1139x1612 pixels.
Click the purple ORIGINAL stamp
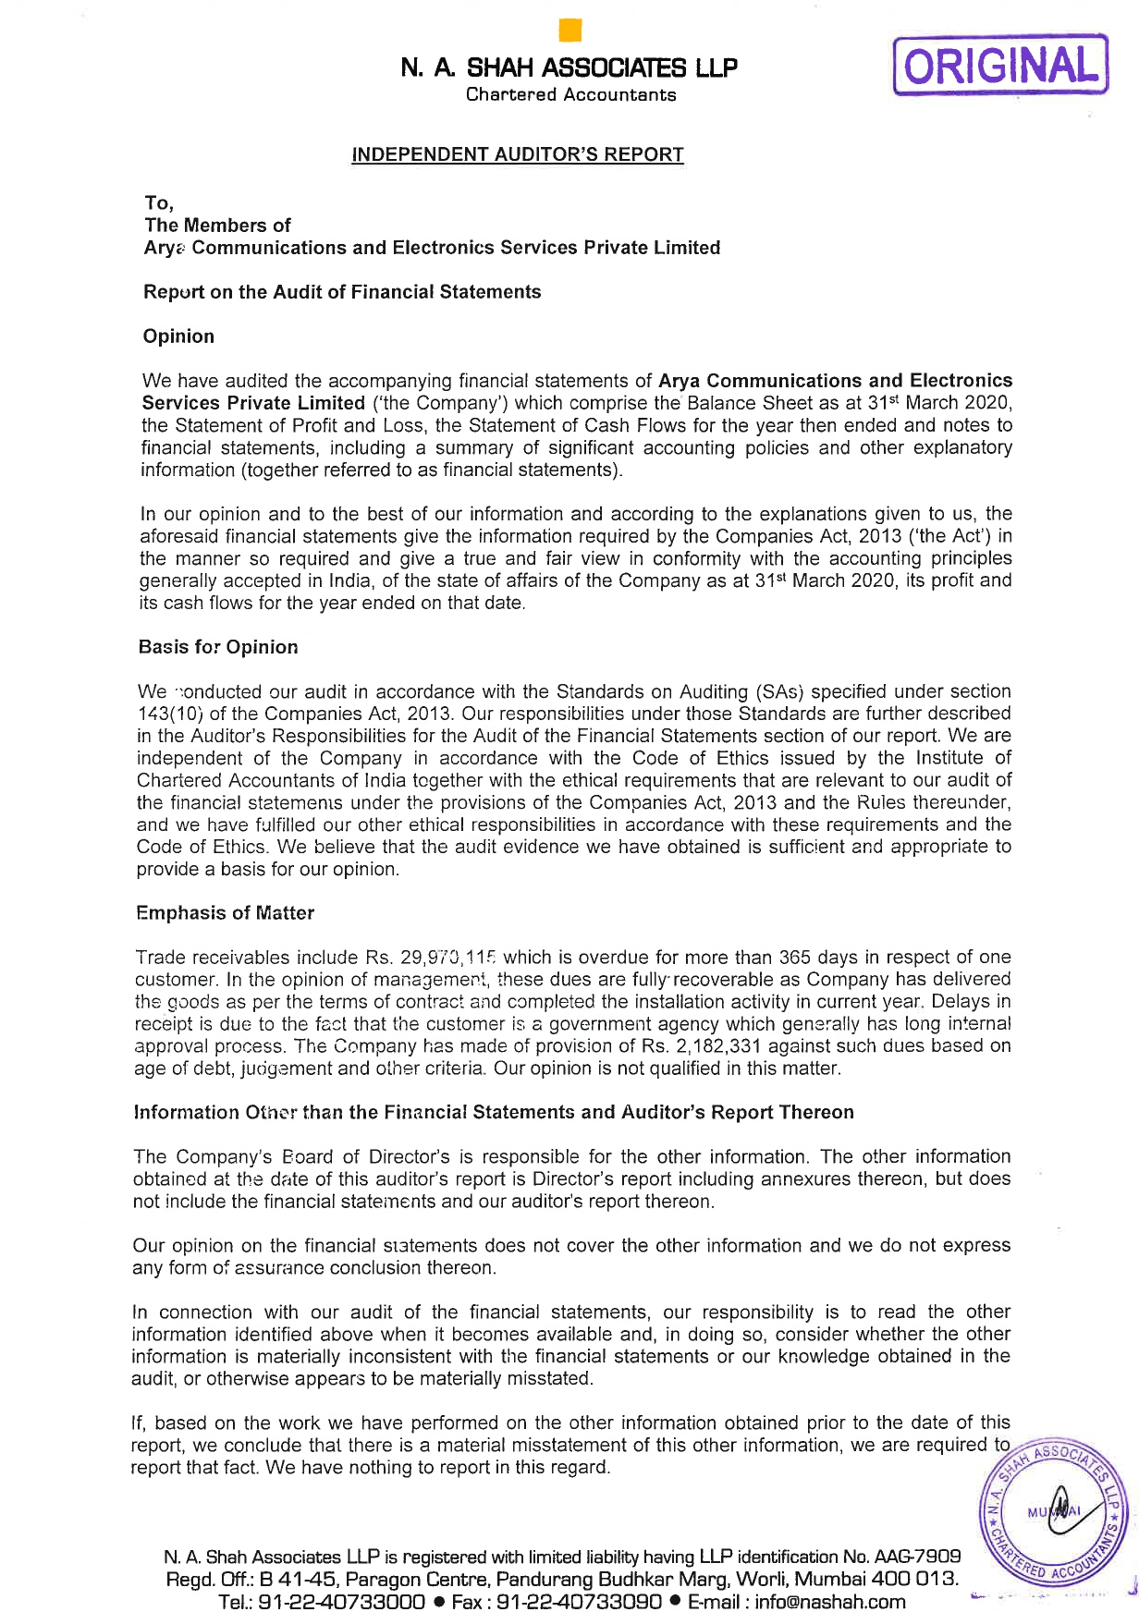point(999,65)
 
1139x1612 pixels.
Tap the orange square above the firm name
point(570,31)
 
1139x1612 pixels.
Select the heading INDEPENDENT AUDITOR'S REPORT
point(518,154)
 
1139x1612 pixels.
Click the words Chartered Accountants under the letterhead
point(570,94)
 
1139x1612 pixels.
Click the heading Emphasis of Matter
point(225,913)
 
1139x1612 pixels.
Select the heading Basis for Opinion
point(218,647)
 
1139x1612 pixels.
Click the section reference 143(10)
point(169,714)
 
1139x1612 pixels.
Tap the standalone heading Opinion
point(178,336)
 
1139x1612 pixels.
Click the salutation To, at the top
point(159,202)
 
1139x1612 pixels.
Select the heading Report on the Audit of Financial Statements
point(342,292)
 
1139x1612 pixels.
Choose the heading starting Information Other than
point(494,1112)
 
